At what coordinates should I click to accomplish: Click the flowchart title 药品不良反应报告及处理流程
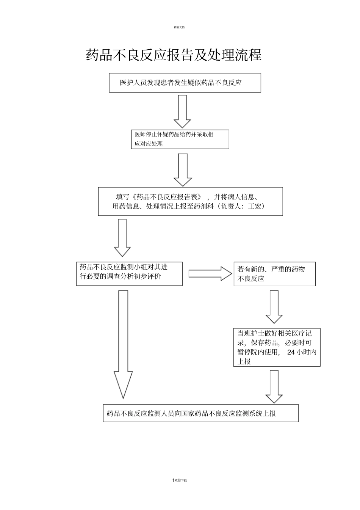click(x=174, y=55)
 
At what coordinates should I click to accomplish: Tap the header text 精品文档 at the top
click(x=179, y=27)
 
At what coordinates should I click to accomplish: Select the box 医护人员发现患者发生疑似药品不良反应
click(x=185, y=83)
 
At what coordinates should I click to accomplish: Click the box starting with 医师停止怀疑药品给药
click(x=180, y=139)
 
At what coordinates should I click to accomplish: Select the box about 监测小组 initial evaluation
click(x=129, y=273)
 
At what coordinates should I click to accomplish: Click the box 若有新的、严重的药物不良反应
click(x=274, y=274)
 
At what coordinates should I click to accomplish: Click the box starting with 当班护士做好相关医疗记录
click(x=277, y=347)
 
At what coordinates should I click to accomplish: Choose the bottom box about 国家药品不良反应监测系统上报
click(x=200, y=413)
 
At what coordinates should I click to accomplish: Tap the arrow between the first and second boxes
click(x=182, y=111)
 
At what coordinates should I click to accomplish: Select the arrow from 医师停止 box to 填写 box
click(x=183, y=169)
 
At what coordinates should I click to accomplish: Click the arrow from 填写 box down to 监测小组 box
click(x=122, y=238)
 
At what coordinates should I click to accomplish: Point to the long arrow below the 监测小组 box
click(x=123, y=343)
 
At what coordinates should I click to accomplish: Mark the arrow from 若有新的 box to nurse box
click(x=274, y=306)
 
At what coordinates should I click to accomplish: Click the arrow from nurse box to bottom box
click(x=274, y=386)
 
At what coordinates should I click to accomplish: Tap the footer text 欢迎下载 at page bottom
click(x=181, y=480)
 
